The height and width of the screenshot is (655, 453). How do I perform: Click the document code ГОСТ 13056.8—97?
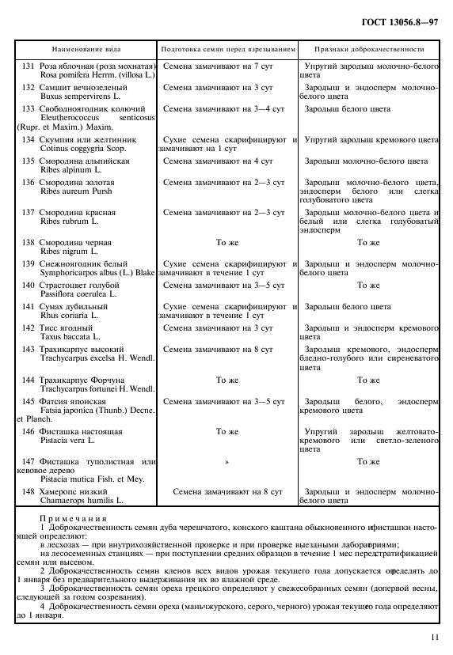[x=401, y=21]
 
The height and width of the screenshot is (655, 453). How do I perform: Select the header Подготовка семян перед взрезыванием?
[x=228, y=48]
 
